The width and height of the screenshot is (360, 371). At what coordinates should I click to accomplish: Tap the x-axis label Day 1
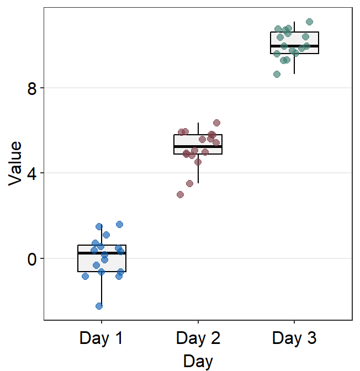tap(102, 338)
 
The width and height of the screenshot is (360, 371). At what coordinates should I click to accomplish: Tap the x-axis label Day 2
tap(198, 338)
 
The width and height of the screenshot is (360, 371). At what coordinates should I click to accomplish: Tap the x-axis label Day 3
tap(294, 338)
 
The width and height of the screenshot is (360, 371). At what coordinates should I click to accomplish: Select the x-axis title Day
tap(198, 361)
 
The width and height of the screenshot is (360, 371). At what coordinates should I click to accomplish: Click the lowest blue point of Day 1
tap(99, 306)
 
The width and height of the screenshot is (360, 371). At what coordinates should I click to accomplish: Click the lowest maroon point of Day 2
tap(180, 194)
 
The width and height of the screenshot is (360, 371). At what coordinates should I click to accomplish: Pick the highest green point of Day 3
tap(310, 22)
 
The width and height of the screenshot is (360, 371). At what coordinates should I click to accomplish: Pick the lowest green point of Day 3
tap(277, 74)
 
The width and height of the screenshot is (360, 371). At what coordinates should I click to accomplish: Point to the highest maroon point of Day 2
tap(217, 123)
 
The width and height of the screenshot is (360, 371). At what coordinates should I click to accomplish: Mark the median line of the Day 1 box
tap(102, 253)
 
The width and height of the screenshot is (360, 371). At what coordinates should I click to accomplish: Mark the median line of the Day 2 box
tap(198, 146)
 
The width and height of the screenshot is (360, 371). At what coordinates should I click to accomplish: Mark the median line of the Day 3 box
tap(294, 46)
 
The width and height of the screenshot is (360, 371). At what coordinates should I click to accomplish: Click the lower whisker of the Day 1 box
tap(102, 290)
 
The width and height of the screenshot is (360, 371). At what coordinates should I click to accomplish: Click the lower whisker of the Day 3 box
tap(294, 63)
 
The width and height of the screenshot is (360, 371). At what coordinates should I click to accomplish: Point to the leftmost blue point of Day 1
tap(85, 276)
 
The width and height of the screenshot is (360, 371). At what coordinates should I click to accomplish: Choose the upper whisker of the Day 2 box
tap(198, 129)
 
